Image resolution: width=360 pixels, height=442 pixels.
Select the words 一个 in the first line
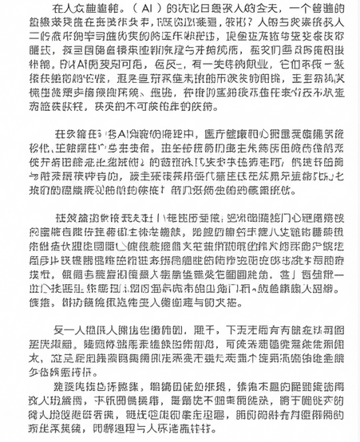(x=287, y=10)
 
